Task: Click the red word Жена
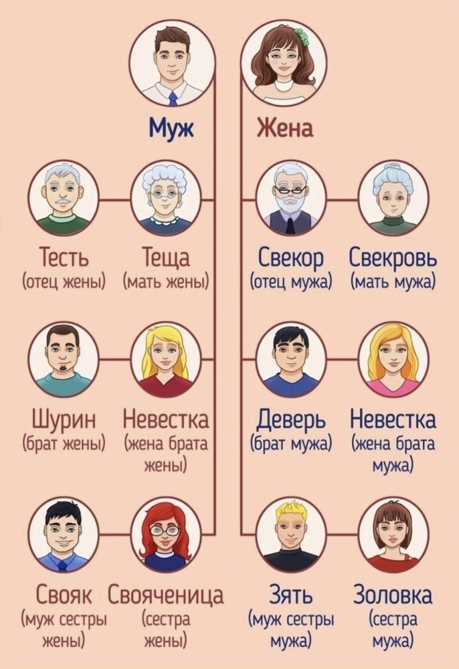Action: click(284, 128)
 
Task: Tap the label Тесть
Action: click(64, 258)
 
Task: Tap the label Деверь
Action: click(291, 421)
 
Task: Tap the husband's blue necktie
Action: click(173, 98)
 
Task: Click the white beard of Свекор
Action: click(291, 208)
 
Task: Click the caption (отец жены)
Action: click(64, 282)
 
